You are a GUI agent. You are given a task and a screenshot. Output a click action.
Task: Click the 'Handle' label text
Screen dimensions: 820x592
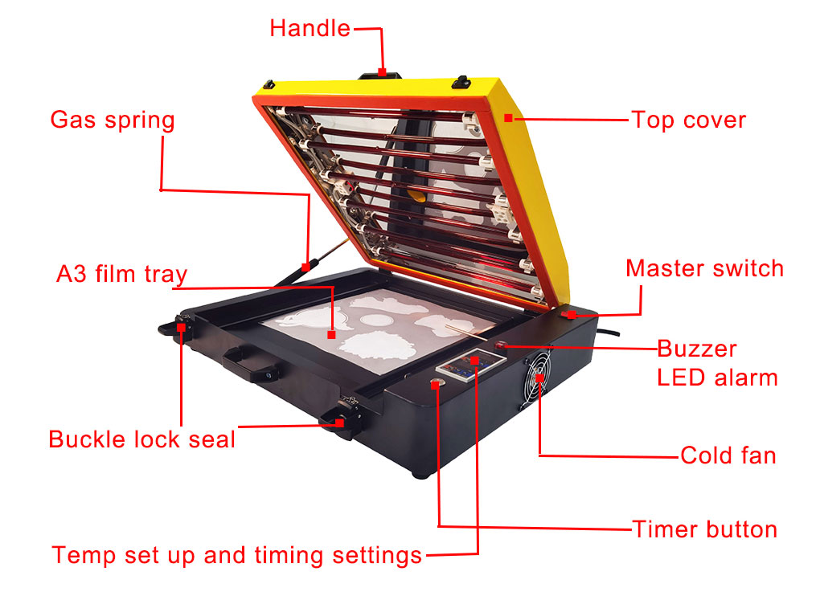point(310,28)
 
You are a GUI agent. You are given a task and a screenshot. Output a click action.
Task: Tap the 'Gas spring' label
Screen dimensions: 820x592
point(113,120)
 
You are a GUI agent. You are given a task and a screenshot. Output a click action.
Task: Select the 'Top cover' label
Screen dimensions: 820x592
point(688,120)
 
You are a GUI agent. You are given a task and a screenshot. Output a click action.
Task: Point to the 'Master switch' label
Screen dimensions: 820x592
point(704,268)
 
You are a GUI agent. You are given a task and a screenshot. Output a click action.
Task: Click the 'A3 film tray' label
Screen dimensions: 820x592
point(121,274)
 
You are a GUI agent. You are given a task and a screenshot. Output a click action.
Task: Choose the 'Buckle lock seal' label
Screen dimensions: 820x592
point(141,439)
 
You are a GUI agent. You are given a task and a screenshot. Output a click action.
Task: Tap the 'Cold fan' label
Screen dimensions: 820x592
point(728,455)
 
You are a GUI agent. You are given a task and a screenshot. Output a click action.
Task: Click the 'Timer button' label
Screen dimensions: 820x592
point(704,529)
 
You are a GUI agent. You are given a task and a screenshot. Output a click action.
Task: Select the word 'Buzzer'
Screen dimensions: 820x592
point(696,349)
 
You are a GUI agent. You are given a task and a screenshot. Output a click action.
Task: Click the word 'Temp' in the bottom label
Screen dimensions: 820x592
point(84,555)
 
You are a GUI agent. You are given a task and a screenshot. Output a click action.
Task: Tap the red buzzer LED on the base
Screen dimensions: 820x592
point(501,345)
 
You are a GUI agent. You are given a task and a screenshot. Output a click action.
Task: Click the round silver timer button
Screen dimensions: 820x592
point(436,384)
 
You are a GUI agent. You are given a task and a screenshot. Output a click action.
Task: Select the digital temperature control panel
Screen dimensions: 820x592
point(470,362)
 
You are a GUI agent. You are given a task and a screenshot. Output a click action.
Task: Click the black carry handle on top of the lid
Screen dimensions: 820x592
point(380,76)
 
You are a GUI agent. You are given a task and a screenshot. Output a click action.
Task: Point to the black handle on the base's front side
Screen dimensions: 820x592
point(249,364)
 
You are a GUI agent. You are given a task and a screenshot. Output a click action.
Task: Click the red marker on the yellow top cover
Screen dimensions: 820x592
point(508,118)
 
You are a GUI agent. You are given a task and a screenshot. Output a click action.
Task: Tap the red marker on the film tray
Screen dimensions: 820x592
point(331,334)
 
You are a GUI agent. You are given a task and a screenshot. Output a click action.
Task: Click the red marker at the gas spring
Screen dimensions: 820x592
point(306,267)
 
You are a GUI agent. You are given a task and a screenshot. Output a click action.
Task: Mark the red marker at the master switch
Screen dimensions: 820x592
point(572,315)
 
